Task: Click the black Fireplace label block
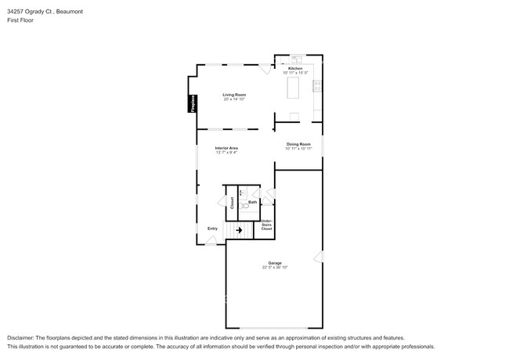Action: [x=190, y=104]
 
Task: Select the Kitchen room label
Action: [x=295, y=68]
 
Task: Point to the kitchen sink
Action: [x=297, y=59]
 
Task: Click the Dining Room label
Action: [x=298, y=143]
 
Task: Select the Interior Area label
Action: [x=226, y=147]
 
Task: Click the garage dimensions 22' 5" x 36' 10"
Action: [x=275, y=268]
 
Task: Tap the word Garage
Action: [x=275, y=263]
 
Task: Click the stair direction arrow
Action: [x=239, y=231]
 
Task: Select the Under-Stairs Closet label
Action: [x=266, y=225]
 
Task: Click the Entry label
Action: [x=212, y=229]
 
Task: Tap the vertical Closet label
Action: [x=233, y=202]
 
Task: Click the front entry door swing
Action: [x=210, y=241]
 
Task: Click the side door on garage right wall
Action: [x=318, y=256]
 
